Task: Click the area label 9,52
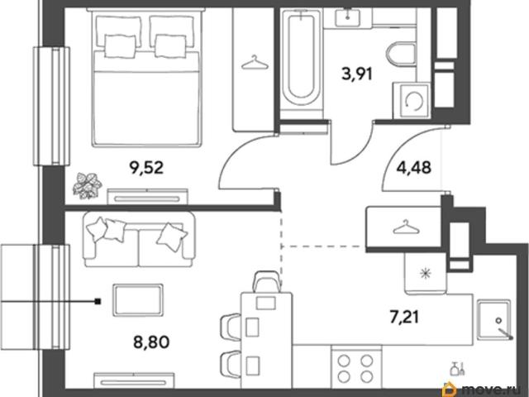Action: [146, 168]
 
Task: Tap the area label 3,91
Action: [357, 74]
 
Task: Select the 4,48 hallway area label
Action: [414, 167]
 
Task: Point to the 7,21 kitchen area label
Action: [404, 318]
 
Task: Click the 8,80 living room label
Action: [151, 342]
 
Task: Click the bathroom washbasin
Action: [347, 17]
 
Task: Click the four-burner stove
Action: [356, 366]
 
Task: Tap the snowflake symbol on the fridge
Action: [426, 273]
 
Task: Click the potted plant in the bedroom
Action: [87, 185]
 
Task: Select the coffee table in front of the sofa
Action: [138, 300]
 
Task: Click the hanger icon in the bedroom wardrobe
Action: [255, 63]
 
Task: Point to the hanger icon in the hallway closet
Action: [406, 227]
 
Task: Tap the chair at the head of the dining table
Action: [266, 281]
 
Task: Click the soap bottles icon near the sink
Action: [458, 368]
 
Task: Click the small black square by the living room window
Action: [98, 301]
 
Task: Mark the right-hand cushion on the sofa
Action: [172, 237]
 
